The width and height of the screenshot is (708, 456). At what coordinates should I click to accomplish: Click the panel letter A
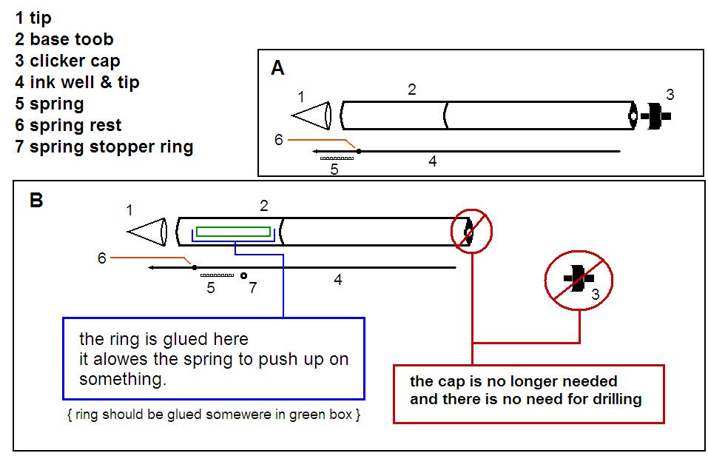tap(278, 68)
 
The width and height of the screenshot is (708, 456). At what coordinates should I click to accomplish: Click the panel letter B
tap(36, 200)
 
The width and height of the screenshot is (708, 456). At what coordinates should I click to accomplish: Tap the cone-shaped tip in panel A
tap(311, 117)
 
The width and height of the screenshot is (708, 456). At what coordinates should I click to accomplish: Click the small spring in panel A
tap(335, 158)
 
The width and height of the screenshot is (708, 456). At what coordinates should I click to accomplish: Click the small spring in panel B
tap(217, 275)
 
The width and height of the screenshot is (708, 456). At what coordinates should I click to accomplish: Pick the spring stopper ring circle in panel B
tap(243, 275)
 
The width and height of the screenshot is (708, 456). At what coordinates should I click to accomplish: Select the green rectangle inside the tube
tap(233, 231)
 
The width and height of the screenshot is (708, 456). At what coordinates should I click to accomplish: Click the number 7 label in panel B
tap(253, 288)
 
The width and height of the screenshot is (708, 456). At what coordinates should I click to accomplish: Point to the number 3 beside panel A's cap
tap(670, 95)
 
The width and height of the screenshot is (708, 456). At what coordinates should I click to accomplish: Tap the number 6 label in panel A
tap(279, 139)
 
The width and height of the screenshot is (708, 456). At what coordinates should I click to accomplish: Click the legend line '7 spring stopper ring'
tap(104, 147)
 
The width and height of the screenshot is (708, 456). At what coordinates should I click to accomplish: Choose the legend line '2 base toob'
tap(64, 39)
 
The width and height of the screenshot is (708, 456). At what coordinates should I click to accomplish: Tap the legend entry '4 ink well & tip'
tap(77, 82)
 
